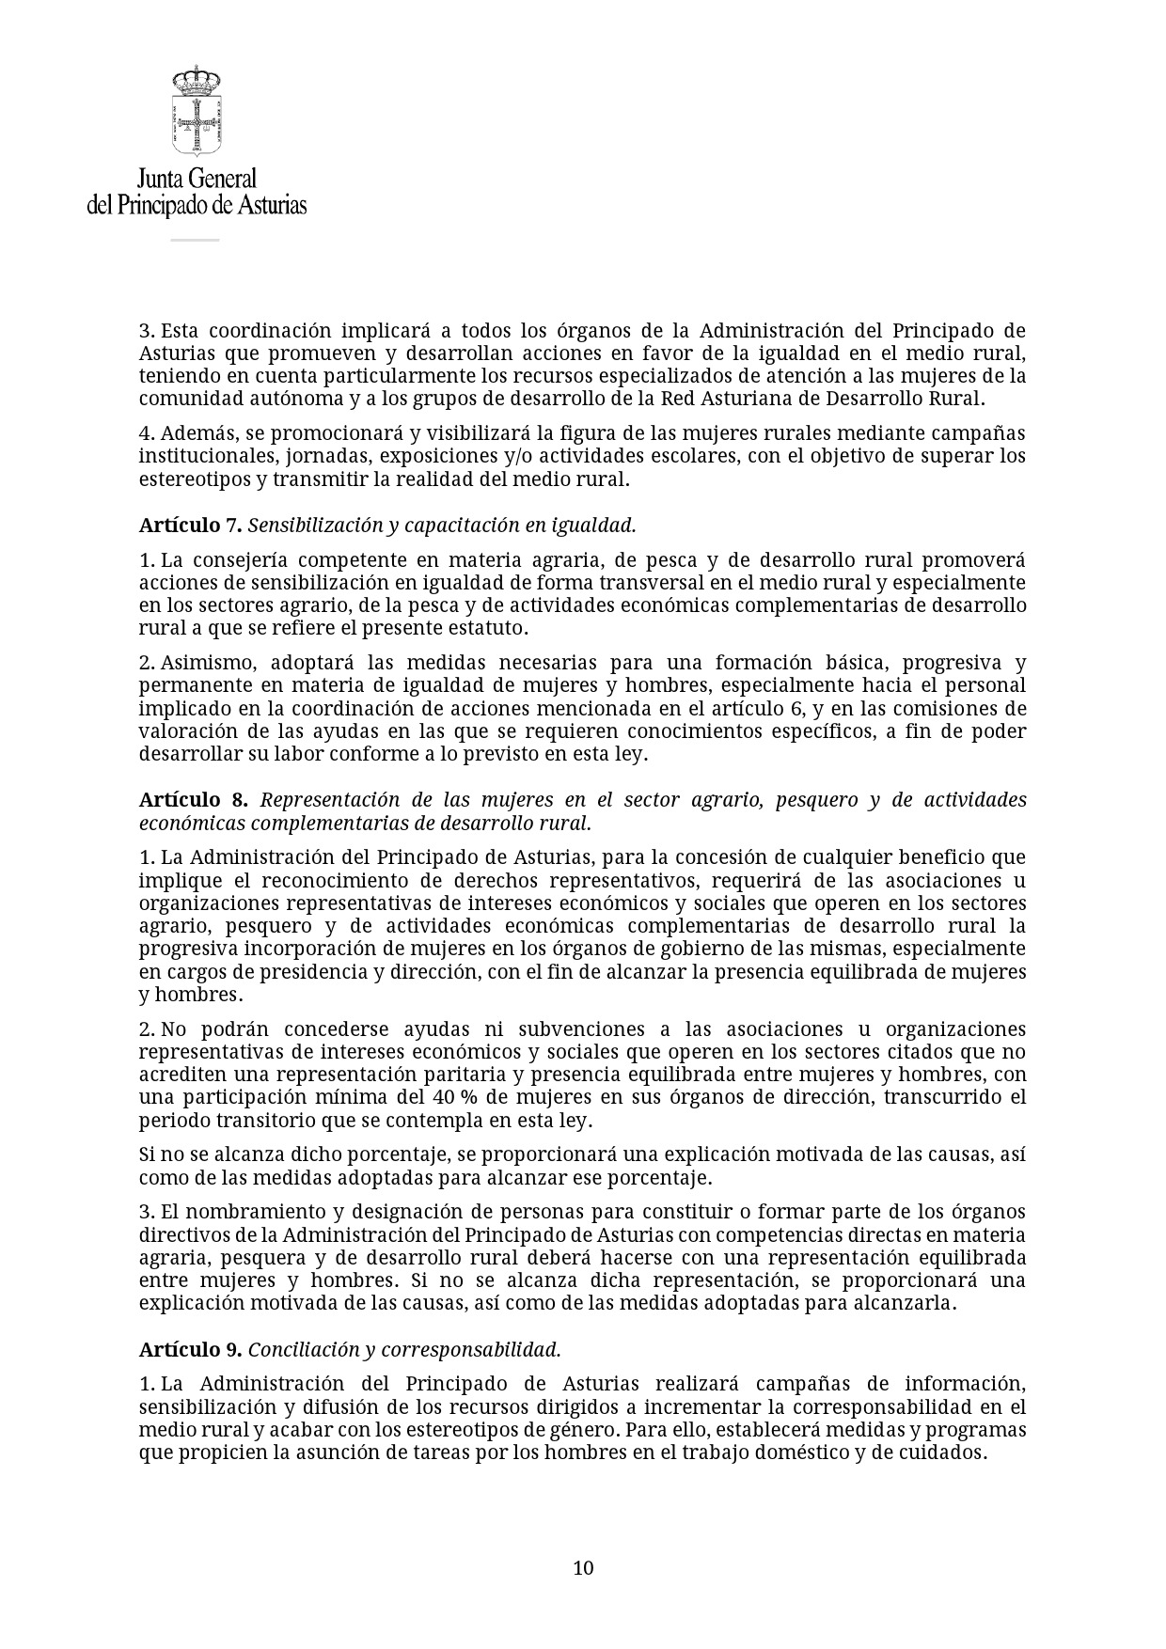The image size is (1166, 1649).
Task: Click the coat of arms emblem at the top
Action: [x=196, y=111]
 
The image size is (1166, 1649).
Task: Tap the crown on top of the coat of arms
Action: [x=196, y=78]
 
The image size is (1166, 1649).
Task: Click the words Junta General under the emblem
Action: [x=197, y=179]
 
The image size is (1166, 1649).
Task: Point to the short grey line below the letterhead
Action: [x=195, y=240]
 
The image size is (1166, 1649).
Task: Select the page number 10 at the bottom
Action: [x=583, y=1567]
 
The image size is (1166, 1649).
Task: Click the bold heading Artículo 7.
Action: [x=191, y=525]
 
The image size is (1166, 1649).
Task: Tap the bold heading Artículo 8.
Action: [x=194, y=800]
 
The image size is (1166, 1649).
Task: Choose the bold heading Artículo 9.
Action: [x=191, y=1349]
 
